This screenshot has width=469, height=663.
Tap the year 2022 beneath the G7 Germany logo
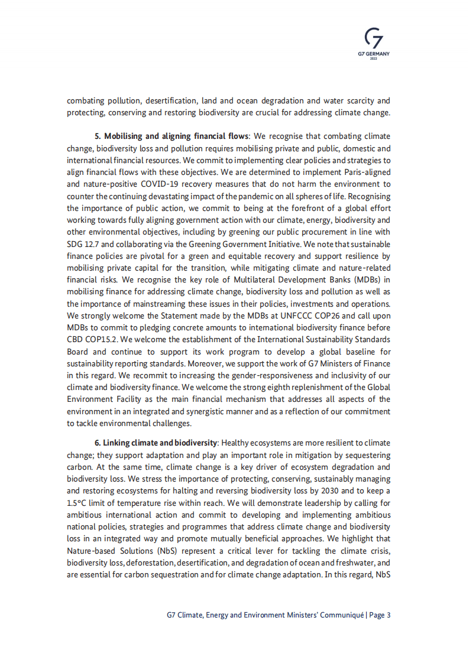click(374, 58)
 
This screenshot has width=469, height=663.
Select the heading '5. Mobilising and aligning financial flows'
click(171, 136)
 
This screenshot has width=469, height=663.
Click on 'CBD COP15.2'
click(90, 339)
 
